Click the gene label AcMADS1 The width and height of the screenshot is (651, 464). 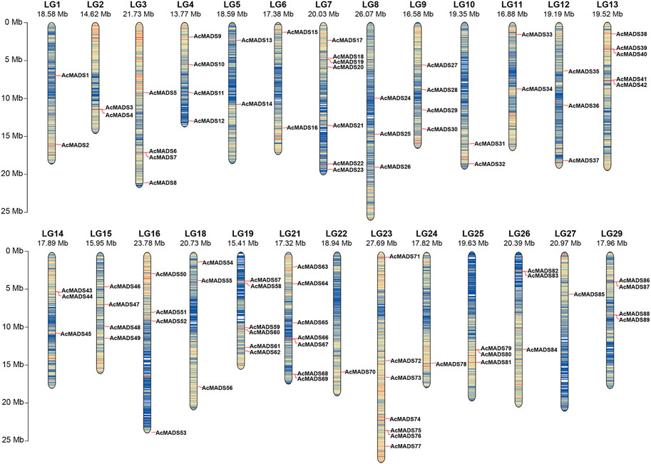pyautogui.click(x=75, y=75)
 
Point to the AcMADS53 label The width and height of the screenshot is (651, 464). pyautogui.click(x=170, y=433)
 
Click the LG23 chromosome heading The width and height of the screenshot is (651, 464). pyautogui.click(x=382, y=233)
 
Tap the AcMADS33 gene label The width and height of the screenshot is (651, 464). pyautogui.click(x=537, y=34)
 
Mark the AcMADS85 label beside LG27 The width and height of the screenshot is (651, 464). pyautogui.click(x=590, y=294)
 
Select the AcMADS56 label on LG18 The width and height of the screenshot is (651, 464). pyautogui.click(x=217, y=388)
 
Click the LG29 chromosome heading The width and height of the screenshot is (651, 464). pyautogui.click(x=612, y=233)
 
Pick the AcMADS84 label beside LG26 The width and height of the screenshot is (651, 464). pyautogui.click(x=543, y=350)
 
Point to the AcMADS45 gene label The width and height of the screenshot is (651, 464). pyautogui.click(x=76, y=334)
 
